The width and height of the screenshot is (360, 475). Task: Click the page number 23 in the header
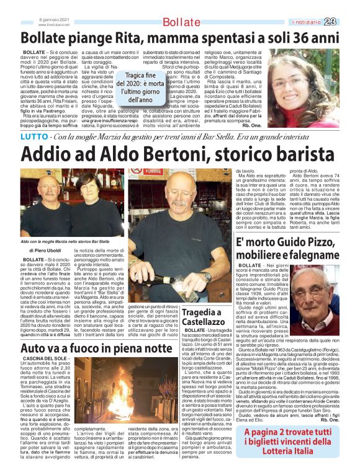coord(346,22)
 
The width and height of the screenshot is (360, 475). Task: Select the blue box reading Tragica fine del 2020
coord(143,86)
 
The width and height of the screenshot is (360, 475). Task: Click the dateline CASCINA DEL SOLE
coord(43,360)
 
